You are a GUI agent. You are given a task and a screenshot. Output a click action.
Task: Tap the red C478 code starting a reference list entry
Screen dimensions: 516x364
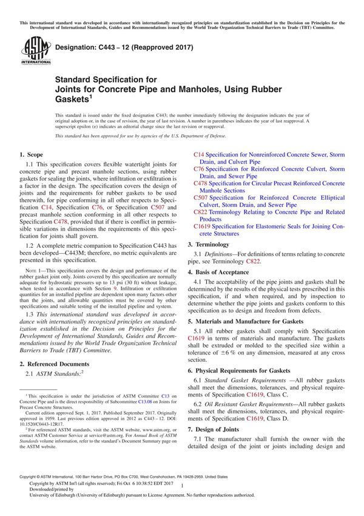click(x=201, y=183)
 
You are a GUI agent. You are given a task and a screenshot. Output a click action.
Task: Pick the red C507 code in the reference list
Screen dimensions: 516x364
click(x=201, y=197)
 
